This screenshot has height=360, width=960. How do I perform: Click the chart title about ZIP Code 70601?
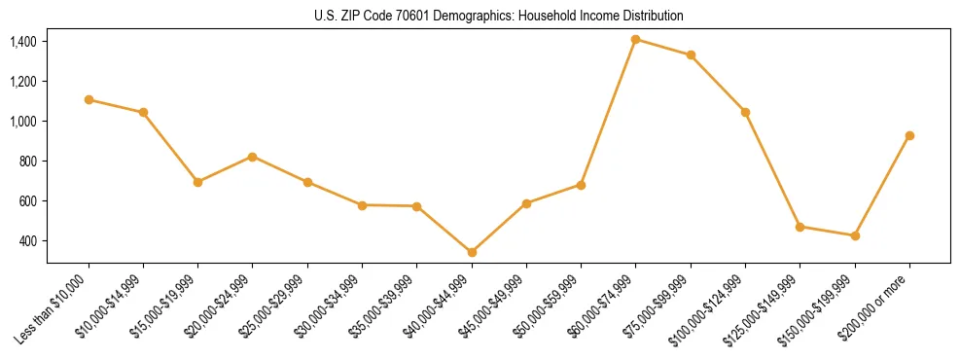(x=499, y=16)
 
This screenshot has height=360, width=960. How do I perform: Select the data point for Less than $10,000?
(x=89, y=99)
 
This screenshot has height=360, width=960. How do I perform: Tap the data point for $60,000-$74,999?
(x=635, y=39)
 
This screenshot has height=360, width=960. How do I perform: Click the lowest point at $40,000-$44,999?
(x=472, y=252)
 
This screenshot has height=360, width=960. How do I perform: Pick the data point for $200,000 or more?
(x=909, y=135)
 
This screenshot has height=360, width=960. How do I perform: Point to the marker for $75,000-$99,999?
(x=691, y=54)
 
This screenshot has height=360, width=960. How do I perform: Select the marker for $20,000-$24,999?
(x=253, y=157)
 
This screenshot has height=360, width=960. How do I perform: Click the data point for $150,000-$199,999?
(x=855, y=235)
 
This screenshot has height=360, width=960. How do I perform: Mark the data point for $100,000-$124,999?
(x=745, y=112)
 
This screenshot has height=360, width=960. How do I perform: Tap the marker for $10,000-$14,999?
(x=143, y=112)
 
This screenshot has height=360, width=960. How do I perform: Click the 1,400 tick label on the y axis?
(x=23, y=42)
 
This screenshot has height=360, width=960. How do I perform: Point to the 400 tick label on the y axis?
(x=27, y=241)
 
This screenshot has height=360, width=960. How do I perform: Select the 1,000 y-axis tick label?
(x=23, y=122)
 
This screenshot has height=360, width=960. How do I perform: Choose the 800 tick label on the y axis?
(x=27, y=162)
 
